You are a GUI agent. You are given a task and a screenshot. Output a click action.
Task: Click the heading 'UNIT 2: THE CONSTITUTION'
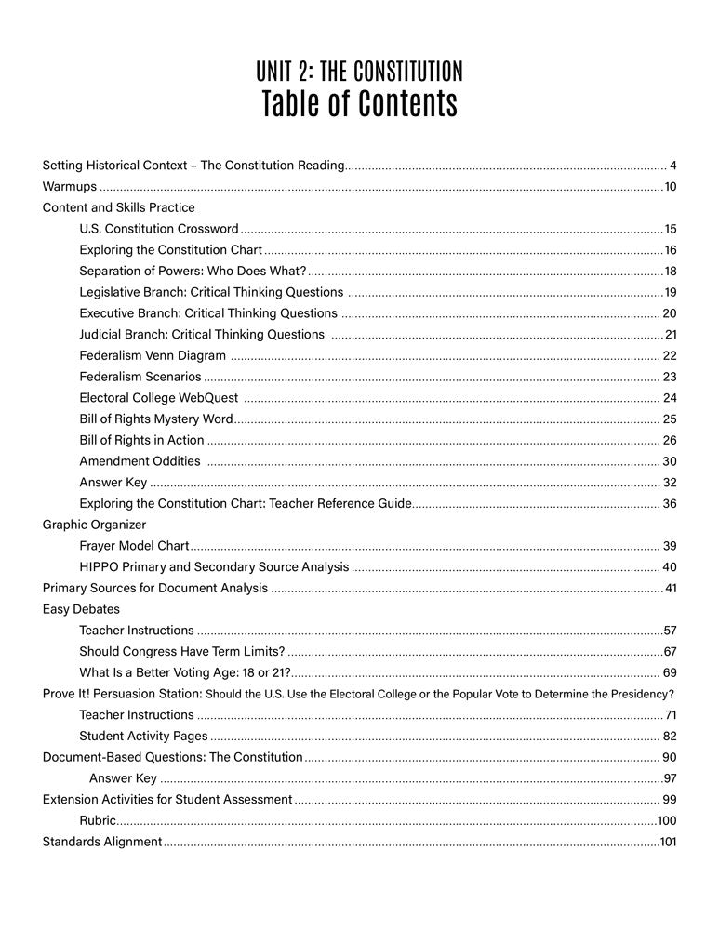click(x=359, y=72)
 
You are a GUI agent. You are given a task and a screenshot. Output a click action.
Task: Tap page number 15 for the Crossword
click(x=670, y=229)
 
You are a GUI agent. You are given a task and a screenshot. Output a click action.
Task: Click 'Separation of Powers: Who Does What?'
click(x=193, y=271)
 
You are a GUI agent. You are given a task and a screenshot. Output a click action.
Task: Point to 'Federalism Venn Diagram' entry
click(x=153, y=355)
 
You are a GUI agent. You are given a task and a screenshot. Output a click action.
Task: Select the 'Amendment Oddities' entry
click(x=140, y=460)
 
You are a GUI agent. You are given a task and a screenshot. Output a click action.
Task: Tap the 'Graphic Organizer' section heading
click(x=94, y=525)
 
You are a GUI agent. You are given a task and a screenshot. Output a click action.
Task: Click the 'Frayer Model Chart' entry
click(x=134, y=545)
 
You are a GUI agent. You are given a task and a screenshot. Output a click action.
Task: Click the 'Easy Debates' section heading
click(x=81, y=609)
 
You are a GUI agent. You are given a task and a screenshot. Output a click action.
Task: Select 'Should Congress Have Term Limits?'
click(x=182, y=651)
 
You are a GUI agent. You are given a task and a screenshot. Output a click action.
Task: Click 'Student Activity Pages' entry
click(x=143, y=736)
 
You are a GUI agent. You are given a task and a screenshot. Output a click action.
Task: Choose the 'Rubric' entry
click(x=98, y=820)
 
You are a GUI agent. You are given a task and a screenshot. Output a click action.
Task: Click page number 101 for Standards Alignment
click(x=668, y=842)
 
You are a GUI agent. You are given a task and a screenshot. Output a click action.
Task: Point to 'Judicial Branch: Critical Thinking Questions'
click(x=202, y=334)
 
